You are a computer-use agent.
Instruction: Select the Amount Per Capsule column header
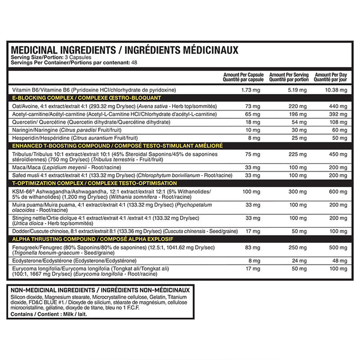[236, 77]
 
